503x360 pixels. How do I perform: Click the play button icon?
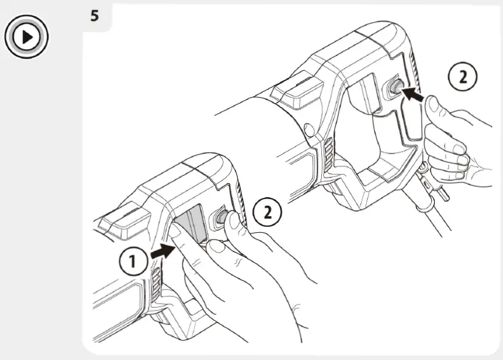click(26, 37)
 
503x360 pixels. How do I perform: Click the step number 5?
click(95, 15)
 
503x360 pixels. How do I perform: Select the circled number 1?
click(133, 261)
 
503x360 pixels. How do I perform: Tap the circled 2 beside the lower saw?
click(268, 212)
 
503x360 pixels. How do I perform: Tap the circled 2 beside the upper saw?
click(462, 76)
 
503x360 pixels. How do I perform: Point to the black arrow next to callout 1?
click(162, 251)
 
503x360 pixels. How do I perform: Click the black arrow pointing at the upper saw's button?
click(413, 94)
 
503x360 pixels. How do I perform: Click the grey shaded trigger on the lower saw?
click(191, 225)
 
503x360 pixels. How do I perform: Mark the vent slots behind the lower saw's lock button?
click(241, 205)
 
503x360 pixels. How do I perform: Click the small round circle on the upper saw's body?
click(309, 129)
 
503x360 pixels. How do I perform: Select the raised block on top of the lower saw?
click(125, 221)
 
